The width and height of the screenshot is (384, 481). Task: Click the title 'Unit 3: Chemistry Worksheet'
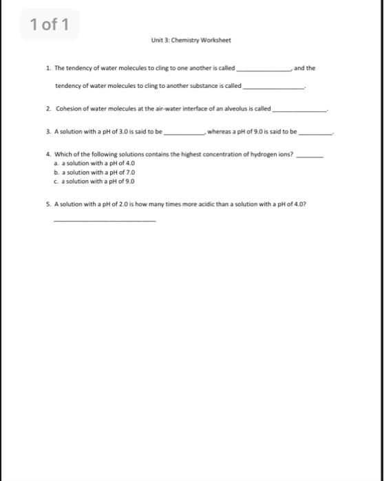pyautogui.click(x=191, y=40)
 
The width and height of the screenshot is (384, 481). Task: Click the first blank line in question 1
pyautogui.click(x=264, y=70)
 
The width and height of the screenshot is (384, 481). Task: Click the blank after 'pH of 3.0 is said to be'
pyautogui.click(x=184, y=132)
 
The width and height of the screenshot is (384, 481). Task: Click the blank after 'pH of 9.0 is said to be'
pyautogui.click(x=314, y=132)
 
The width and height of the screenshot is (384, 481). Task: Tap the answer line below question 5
pyautogui.click(x=104, y=221)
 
